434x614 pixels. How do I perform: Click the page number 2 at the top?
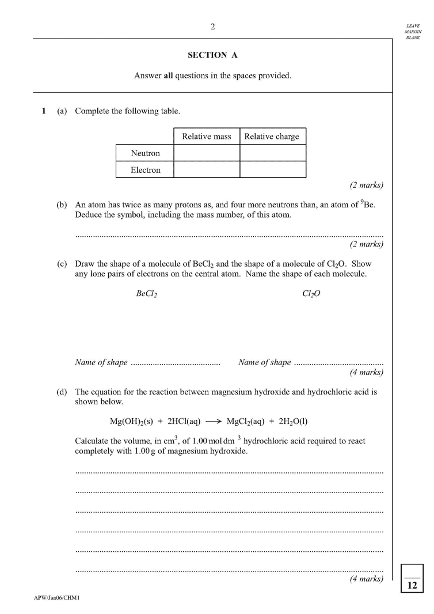[213, 26]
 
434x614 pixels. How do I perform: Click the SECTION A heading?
[212, 55]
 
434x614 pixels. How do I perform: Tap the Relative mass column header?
[207, 137]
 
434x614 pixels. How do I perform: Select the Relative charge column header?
[272, 137]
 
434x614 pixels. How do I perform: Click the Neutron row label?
[145, 153]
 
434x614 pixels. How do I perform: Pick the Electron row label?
[145, 170]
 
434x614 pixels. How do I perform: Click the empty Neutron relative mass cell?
[207, 153]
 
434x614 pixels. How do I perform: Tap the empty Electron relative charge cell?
[272, 170]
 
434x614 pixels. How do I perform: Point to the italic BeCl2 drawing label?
[147, 294]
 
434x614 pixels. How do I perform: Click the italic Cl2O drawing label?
[311, 294]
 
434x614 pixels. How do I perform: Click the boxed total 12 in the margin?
[412, 585]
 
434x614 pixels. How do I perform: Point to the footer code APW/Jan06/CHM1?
[56, 598]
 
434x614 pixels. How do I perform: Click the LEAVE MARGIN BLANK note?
[413, 32]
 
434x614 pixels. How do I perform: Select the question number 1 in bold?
[43, 111]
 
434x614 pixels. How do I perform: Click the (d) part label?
[62, 392]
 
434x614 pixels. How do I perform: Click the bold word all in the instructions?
[169, 75]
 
